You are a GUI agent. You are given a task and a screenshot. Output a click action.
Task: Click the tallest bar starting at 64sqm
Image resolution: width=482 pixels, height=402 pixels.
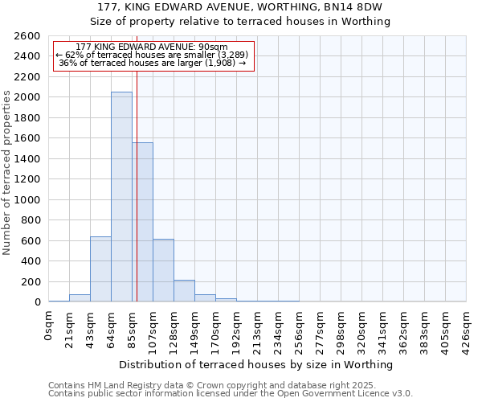(121, 197)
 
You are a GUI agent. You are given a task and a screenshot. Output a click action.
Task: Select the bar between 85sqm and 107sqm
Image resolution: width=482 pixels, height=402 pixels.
(143, 222)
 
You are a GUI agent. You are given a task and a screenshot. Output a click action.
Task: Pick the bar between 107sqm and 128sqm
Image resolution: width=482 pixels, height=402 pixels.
(163, 270)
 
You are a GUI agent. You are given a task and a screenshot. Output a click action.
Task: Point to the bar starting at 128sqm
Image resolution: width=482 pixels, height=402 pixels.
(184, 291)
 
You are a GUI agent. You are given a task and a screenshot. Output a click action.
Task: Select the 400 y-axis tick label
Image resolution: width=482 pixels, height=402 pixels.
(31, 261)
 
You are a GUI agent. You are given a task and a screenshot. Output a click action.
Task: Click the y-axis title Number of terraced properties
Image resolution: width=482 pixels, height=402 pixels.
(7, 173)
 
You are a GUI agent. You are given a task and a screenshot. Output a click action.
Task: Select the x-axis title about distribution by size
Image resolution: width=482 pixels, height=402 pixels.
(257, 364)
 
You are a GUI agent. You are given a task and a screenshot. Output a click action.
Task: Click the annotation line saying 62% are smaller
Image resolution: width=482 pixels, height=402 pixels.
(153, 55)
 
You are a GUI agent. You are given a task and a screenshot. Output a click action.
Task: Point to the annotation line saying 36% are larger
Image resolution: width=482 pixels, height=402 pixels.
(153, 63)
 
